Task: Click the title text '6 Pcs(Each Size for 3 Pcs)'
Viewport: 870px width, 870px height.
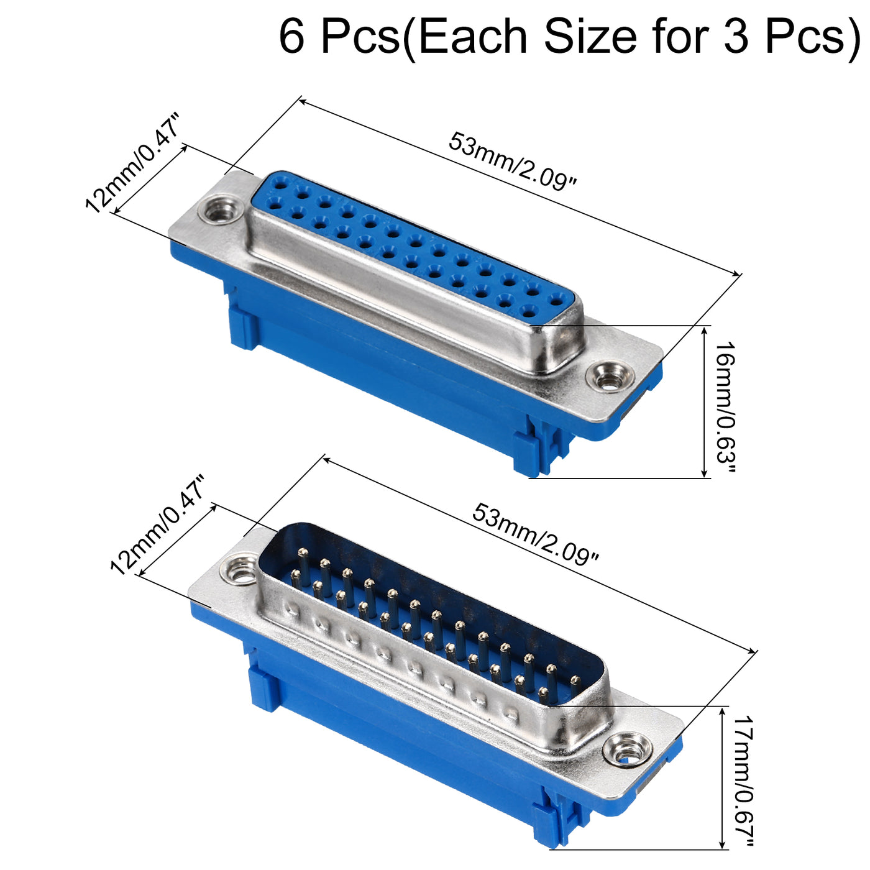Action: click(x=570, y=36)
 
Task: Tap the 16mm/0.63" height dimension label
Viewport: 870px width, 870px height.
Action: click(x=726, y=408)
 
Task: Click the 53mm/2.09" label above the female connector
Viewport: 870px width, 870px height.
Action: click(x=513, y=161)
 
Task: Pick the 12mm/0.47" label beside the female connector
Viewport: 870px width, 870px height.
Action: click(x=133, y=163)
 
